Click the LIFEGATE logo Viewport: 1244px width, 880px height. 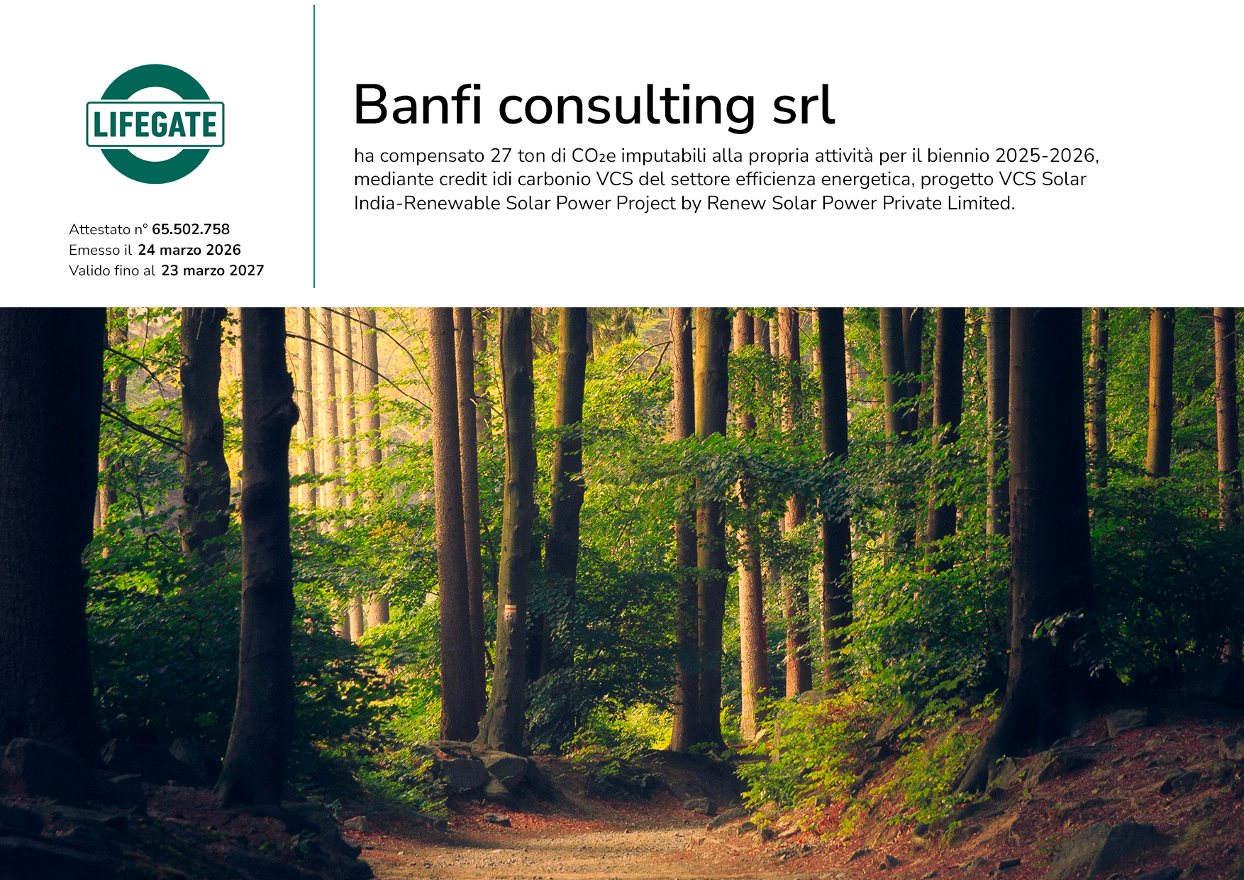point(155,124)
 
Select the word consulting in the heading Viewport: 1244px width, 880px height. point(627,106)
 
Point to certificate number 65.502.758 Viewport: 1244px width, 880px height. point(191,229)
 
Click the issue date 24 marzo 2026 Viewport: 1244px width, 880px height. point(189,250)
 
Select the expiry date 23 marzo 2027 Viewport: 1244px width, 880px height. point(213,270)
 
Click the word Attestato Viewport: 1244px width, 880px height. point(100,229)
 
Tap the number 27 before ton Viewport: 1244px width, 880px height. point(501,155)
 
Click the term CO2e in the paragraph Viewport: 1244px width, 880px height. point(594,155)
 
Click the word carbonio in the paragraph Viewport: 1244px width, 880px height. point(554,179)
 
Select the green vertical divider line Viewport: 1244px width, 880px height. point(314,147)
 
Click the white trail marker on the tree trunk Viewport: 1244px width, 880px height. point(509,612)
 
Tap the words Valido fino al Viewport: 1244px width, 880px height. point(112,270)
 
